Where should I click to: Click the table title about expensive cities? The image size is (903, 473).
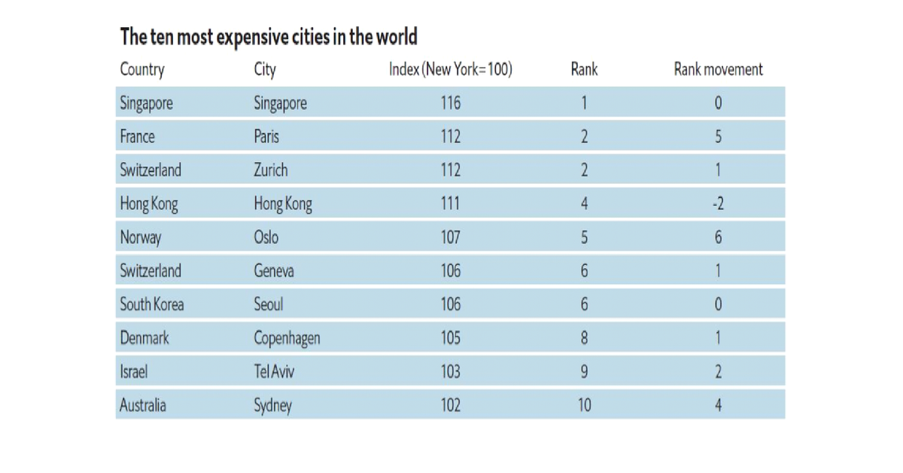pos(269,37)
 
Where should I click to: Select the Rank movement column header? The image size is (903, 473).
pos(718,70)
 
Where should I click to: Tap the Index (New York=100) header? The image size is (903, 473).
pos(450,70)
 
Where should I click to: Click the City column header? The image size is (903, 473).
pos(265,70)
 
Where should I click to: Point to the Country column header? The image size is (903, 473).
pos(142,70)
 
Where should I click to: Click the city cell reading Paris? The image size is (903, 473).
pos(266,137)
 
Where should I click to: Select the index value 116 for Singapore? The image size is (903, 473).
pos(450,103)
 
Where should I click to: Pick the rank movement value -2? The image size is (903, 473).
pos(718,204)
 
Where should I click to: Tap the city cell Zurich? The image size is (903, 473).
pos(271,170)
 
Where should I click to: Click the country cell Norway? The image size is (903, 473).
pos(141,238)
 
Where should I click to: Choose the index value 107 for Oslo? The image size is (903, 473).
pos(450,238)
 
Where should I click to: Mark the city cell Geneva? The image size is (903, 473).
pos(274,271)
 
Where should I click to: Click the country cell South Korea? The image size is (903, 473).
pos(152,305)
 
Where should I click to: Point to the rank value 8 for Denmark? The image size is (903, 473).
pos(584,338)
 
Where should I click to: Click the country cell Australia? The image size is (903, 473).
pos(143,405)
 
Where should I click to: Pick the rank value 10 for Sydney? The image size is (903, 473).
pos(584,405)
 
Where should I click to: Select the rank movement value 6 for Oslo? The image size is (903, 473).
pos(718,238)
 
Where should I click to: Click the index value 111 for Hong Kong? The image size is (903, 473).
pos(450,204)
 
